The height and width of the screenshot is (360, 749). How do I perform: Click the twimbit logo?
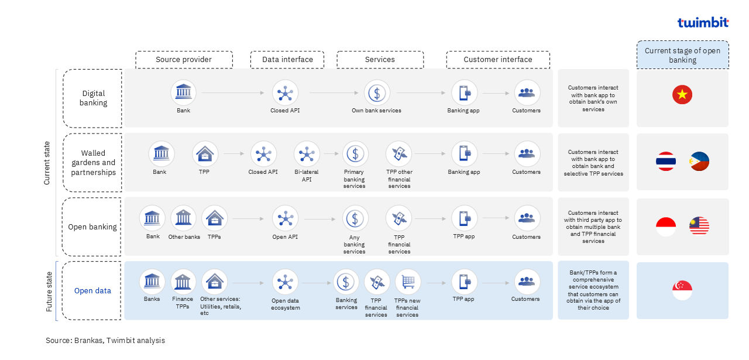coord(703,22)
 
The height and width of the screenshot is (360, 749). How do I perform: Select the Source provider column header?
coord(184,60)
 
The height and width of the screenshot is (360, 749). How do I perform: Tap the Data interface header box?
coord(287,60)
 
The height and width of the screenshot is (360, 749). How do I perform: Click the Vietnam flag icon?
coord(682,95)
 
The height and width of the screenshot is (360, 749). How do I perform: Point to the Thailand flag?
coord(666,161)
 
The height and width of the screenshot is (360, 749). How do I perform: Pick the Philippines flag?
coord(699,161)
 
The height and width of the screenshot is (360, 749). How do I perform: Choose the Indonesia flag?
coord(666,227)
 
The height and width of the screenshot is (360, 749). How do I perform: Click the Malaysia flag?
coord(699,226)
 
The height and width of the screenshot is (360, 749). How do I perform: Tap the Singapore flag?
coord(682,290)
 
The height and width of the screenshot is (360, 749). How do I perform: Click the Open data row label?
coord(92,291)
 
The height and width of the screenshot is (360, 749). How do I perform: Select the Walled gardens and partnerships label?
coord(93,163)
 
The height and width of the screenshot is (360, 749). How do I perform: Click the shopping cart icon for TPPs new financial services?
coord(408,282)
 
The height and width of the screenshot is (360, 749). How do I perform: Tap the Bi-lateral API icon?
coord(307,154)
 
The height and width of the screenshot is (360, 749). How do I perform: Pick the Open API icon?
coord(285,218)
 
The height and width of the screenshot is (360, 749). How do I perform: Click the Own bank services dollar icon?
coord(377,93)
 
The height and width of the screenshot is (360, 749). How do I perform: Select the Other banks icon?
coord(183,218)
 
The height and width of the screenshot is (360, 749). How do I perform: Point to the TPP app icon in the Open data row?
coord(464,282)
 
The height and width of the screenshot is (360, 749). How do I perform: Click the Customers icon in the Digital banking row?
coord(527,92)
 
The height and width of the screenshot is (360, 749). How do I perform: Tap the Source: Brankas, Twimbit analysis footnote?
coord(105,341)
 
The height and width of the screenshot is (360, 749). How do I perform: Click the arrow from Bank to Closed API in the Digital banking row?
coord(233,92)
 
